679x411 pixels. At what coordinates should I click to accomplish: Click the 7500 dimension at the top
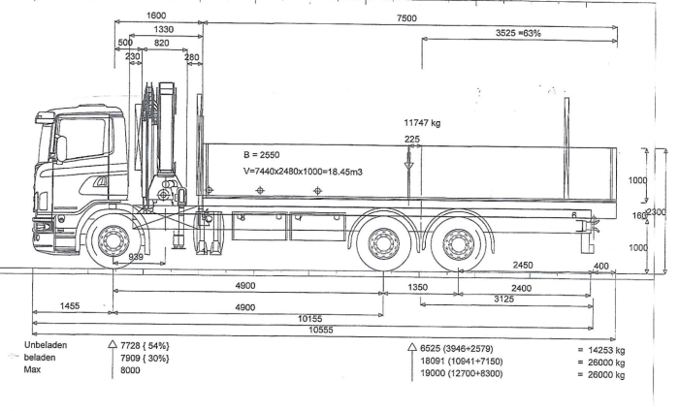406,17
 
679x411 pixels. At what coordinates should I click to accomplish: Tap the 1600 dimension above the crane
155,16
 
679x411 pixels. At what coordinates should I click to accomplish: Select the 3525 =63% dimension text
513,33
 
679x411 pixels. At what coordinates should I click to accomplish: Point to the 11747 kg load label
422,123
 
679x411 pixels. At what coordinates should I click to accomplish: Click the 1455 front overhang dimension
69,306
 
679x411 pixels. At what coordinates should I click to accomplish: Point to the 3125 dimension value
502,300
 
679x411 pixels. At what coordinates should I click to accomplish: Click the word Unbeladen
46,345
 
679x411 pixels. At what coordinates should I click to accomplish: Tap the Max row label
32,369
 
